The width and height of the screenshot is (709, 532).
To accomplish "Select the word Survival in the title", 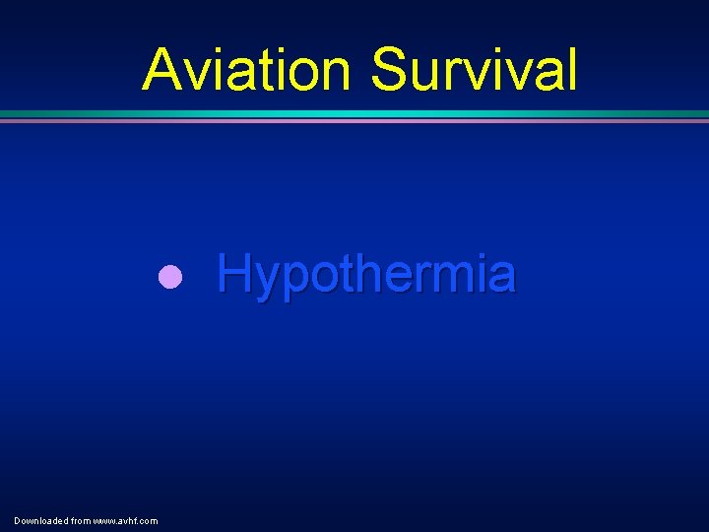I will [474, 70].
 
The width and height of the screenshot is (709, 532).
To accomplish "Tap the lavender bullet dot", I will [170, 277].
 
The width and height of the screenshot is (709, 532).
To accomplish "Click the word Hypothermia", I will [365, 274].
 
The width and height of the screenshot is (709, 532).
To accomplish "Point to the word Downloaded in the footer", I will [38, 520].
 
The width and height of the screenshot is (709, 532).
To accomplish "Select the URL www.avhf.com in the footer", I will [125, 520].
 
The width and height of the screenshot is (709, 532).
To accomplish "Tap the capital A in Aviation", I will [163, 70].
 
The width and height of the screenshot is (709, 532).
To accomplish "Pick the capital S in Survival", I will [391, 70].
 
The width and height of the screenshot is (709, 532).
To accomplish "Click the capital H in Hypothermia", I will [233, 273].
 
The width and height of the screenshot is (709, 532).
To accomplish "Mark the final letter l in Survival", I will [570, 70].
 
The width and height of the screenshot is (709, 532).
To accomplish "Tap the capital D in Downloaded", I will [18, 520].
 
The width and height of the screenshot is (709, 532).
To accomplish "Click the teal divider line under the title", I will [354, 114].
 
